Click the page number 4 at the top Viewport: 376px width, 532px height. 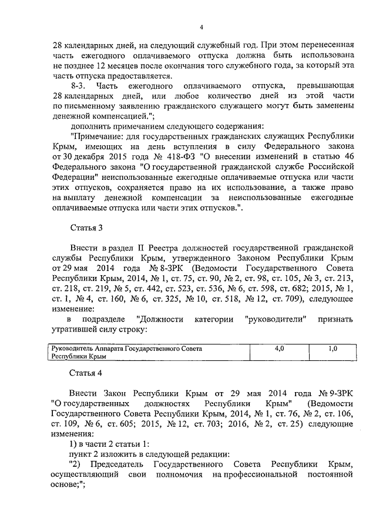tap(201, 27)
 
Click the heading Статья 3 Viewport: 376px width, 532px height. tap(86, 227)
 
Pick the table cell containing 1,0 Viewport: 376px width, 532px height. tap(332, 349)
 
